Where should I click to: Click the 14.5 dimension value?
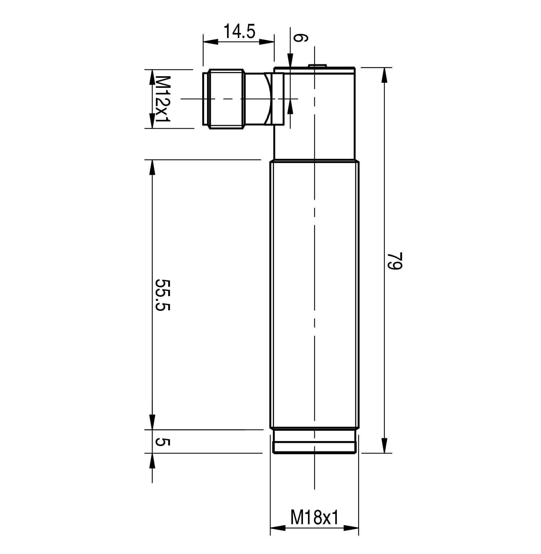tap(239, 31)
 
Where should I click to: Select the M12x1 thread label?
tap(163, 99)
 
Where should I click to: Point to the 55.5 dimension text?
tap(163, 295)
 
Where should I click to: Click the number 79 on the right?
tap(394, 261)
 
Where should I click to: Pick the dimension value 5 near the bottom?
tap(163, 442)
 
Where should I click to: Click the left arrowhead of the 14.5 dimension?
tap(210, 42)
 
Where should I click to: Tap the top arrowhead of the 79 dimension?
tap(384, 75)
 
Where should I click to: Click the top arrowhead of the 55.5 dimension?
tap(152, 168)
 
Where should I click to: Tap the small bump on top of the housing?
tap(317, 66)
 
